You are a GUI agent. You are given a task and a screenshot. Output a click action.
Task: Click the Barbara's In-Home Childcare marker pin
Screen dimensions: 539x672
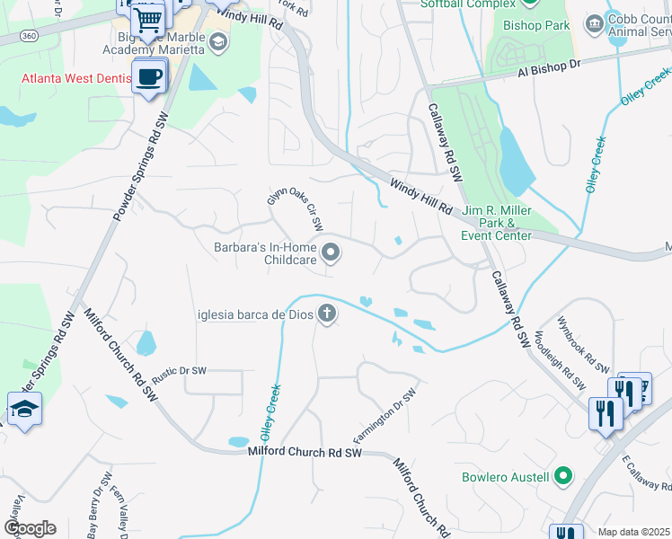(x=332, y=252)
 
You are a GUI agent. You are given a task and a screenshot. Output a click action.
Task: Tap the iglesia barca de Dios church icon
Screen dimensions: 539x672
(x=328, y=314)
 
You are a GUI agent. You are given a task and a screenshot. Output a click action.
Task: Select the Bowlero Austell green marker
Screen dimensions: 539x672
(x=563, y=476)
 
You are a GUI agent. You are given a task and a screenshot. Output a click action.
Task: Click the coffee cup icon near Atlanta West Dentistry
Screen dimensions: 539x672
(x=149, y=77)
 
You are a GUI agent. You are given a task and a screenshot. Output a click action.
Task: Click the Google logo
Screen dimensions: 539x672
(x=30, y=528)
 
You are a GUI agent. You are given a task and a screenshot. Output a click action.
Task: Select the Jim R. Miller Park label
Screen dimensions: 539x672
(x=498, y=223)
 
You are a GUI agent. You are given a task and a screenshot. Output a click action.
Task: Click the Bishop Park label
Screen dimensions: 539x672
(x=536, y=25)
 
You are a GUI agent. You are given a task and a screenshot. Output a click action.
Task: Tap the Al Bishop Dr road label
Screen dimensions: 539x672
(x=549, y=68)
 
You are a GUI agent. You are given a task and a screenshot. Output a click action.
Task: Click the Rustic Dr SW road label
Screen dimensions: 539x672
(x=179, y=375)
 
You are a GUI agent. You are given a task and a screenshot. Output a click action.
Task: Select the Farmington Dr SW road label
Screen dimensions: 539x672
(x=385, y=417)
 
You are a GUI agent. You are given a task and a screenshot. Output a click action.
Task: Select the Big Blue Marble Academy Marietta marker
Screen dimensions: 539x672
(x=217, y=42)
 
